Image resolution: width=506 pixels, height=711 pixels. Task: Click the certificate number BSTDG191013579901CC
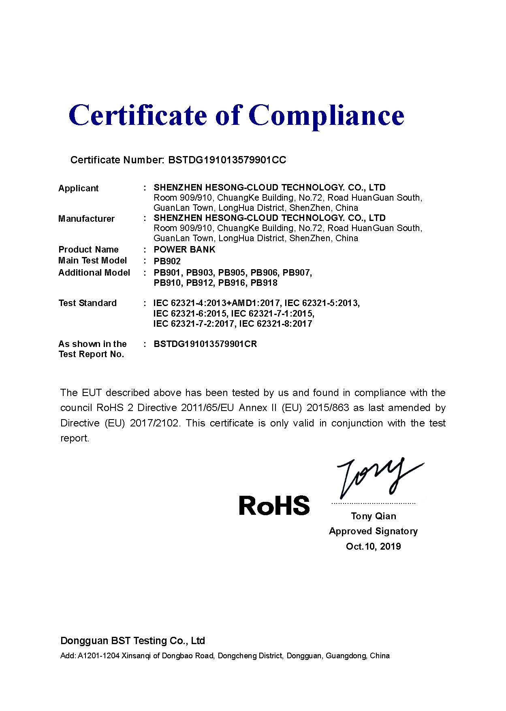click(227, 160)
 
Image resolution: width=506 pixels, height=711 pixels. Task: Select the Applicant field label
click(79, 188)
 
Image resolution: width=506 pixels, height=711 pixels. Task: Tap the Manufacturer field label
click(86, 219)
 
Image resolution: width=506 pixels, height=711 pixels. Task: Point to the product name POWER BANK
click(184, 249)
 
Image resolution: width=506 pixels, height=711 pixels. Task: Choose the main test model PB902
click(167, 261)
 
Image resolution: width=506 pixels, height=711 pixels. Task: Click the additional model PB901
click(167, 273)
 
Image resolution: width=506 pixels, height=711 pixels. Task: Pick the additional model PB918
click(264, 283)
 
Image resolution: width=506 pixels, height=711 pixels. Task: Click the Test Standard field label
click(88, 303)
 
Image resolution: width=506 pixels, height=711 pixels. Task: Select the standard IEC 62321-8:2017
click(275, 324)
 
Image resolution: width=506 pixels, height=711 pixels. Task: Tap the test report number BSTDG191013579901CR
click(205, 344)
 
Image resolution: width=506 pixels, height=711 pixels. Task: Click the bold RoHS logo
click(274, 505)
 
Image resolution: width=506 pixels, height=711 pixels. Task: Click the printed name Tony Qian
click(374, 516)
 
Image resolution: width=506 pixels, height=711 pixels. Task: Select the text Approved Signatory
click(373, 531)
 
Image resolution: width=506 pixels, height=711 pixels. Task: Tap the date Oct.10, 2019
click(373, 546)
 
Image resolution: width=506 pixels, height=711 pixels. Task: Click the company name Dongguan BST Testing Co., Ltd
click(132, 641)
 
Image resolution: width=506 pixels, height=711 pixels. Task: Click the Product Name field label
click(89, 250)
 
